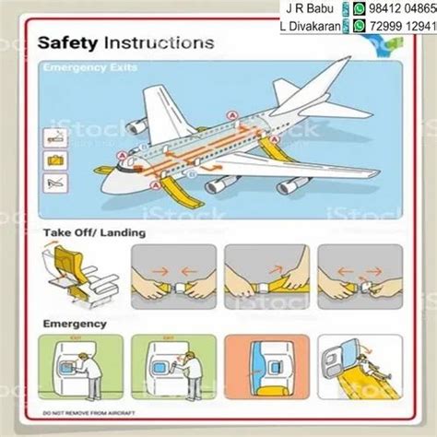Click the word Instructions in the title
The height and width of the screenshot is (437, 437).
(159, 42)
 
